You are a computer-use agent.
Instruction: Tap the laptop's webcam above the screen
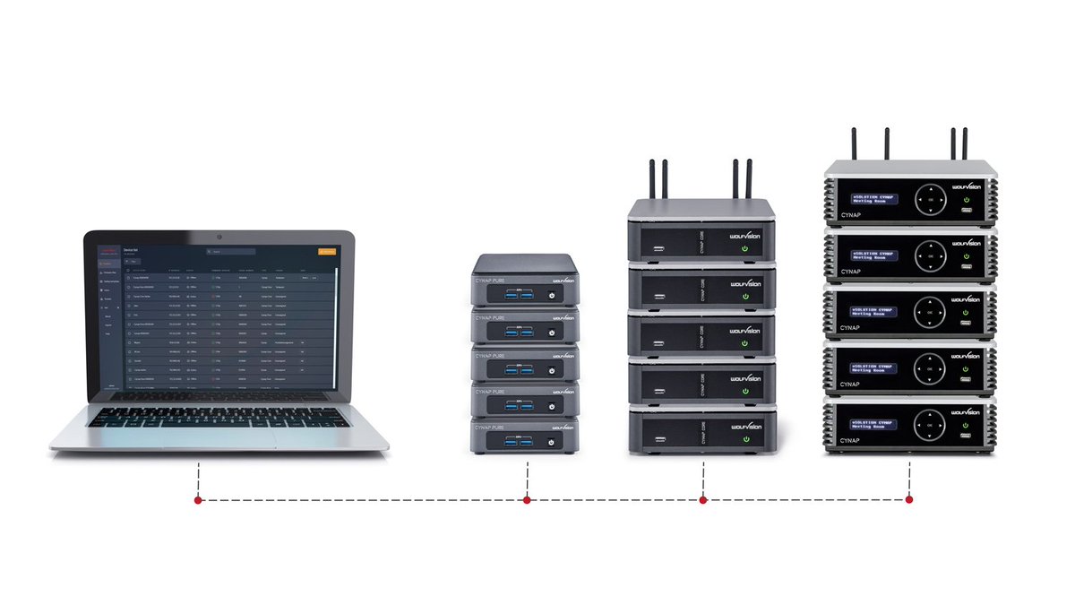(x=219, y=236)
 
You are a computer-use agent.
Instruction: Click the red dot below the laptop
(x=197, y=500)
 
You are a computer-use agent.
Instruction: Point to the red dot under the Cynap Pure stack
(x=527, y=500)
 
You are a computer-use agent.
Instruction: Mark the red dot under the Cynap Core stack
(x=703, y=500)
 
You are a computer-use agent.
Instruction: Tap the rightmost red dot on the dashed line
(x=909, y=500)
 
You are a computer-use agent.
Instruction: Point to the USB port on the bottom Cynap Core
(x=658, y=438)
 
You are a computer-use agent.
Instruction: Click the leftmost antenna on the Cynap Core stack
(x=652, y=179)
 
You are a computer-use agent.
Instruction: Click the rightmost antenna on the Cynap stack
(x=966, y=144)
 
